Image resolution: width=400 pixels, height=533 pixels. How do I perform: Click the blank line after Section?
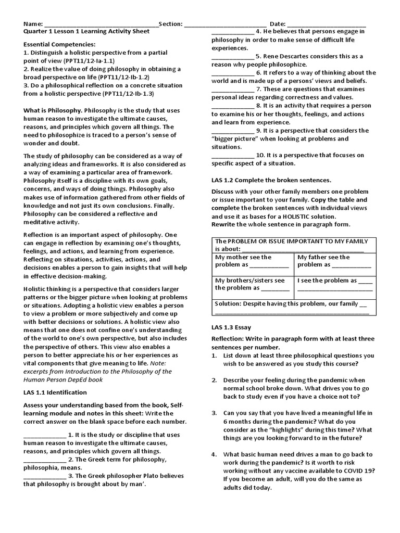225,24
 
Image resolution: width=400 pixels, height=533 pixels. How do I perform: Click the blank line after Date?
327,24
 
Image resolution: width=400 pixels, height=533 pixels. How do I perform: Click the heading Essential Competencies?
60,45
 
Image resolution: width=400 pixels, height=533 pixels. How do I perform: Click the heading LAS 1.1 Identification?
55,392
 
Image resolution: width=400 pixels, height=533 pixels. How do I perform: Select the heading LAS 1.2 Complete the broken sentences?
271,180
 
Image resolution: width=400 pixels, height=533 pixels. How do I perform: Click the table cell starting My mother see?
253,261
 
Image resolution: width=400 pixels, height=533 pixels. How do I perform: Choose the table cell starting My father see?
334,261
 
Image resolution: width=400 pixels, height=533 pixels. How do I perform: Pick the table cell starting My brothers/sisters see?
253,284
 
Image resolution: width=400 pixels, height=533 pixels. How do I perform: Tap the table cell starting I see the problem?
334,284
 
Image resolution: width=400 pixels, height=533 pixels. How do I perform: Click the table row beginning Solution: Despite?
293,307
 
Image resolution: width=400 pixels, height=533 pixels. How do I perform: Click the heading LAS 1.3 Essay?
231,327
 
